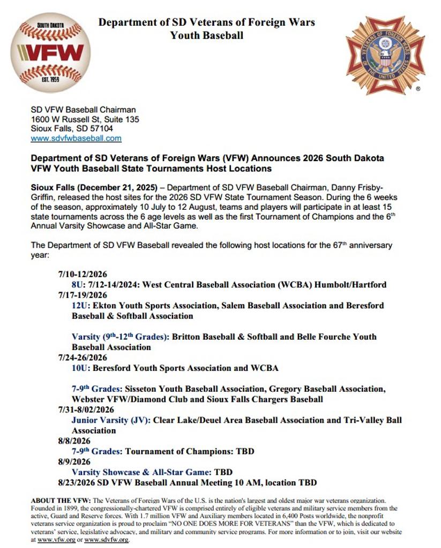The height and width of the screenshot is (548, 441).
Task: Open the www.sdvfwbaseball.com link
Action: pos(76,138)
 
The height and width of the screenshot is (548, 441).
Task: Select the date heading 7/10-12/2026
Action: pos(83,275)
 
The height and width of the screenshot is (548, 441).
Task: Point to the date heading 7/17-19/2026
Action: pos(83,295)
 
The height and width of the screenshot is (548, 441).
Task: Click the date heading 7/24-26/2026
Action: pos(83,357)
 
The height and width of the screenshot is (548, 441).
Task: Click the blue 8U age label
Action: pos(78,285)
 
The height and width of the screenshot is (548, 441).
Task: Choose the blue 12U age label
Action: pos(80,306)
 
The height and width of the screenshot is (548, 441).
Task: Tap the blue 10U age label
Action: pos(80,368)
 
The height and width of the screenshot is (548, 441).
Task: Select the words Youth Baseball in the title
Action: pos(207,36)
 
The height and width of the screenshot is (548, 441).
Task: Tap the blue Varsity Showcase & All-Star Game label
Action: pos(141,472)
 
